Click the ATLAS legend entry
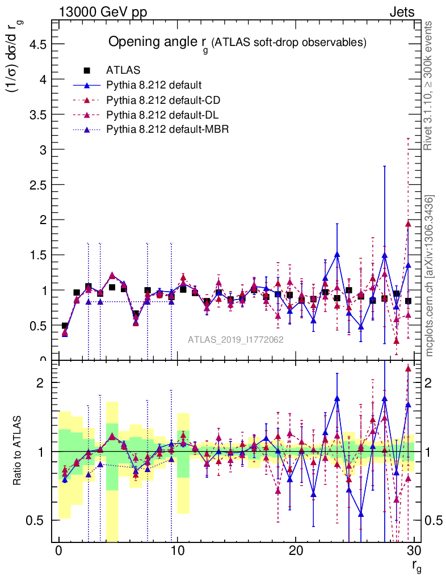(x=119, y=70)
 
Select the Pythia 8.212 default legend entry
(x=154, y=85)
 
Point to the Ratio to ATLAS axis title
(x=19, y=451)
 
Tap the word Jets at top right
(x=402, y=12)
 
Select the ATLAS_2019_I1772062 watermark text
(x=235, y=339)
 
